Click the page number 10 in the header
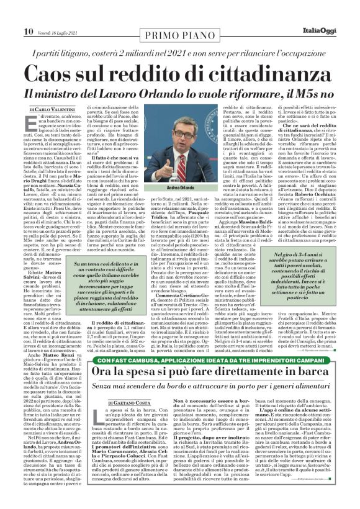(x=29, y=13)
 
